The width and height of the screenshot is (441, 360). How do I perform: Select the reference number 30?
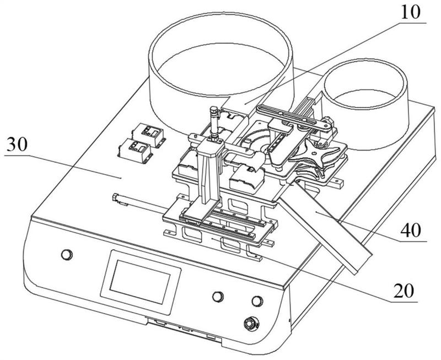click(x=17, y=144)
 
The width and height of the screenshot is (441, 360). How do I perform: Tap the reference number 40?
click(x=411, y=230)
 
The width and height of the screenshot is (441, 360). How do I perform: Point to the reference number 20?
click(x=404, y=291)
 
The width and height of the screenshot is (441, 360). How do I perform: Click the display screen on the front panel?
click(x=141, y=282)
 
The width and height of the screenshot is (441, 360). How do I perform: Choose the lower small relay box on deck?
click(x=135, y=150)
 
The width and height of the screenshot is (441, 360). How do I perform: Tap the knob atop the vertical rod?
click(x=214, y=110)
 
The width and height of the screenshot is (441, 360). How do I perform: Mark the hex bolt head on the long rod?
click(x=116, y=197)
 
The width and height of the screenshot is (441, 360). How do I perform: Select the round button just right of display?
click(x=218, y=297)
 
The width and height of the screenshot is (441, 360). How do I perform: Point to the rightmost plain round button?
click(x=257, y=301)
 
